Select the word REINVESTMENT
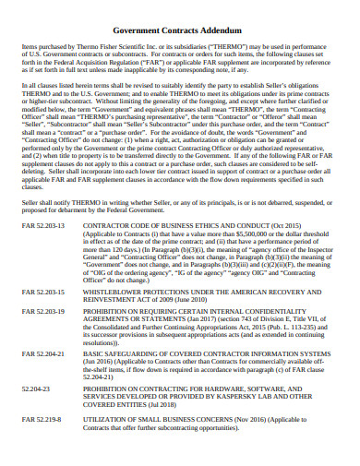pyautogui.click(x=114, y=325)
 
